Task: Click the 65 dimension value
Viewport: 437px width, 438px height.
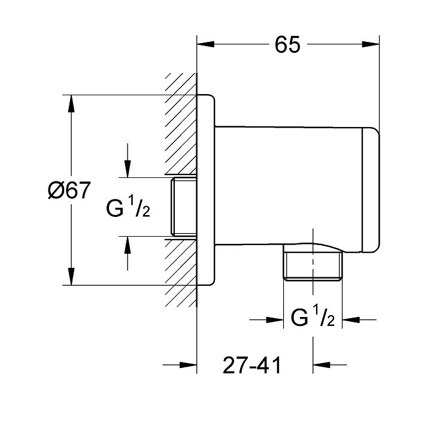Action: [287, 45]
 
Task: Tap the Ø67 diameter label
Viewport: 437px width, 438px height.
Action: [69, 190]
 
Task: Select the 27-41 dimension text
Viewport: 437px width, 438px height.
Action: [252, 365]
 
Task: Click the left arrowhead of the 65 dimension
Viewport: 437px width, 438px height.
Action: [206, 44]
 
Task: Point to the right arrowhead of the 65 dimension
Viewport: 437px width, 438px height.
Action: [371, 44]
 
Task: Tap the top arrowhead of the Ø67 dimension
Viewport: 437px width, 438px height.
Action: [71, 104]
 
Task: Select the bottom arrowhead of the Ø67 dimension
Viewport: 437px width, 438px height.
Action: [71, 277]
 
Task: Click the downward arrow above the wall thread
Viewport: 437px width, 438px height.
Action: [128, 161]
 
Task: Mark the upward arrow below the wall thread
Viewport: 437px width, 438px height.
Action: [128, 253]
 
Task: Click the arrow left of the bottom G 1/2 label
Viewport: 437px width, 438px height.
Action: [266, 319]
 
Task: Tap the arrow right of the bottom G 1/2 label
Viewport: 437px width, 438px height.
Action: [359, 319]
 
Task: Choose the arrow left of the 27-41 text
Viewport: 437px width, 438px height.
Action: [180, 365]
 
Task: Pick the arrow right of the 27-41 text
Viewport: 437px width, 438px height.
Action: [330, 364]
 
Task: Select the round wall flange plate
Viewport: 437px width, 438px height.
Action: [206, 190]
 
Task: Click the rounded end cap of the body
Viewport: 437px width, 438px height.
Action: [371, 191]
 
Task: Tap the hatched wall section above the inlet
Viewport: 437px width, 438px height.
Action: [181, 125]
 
